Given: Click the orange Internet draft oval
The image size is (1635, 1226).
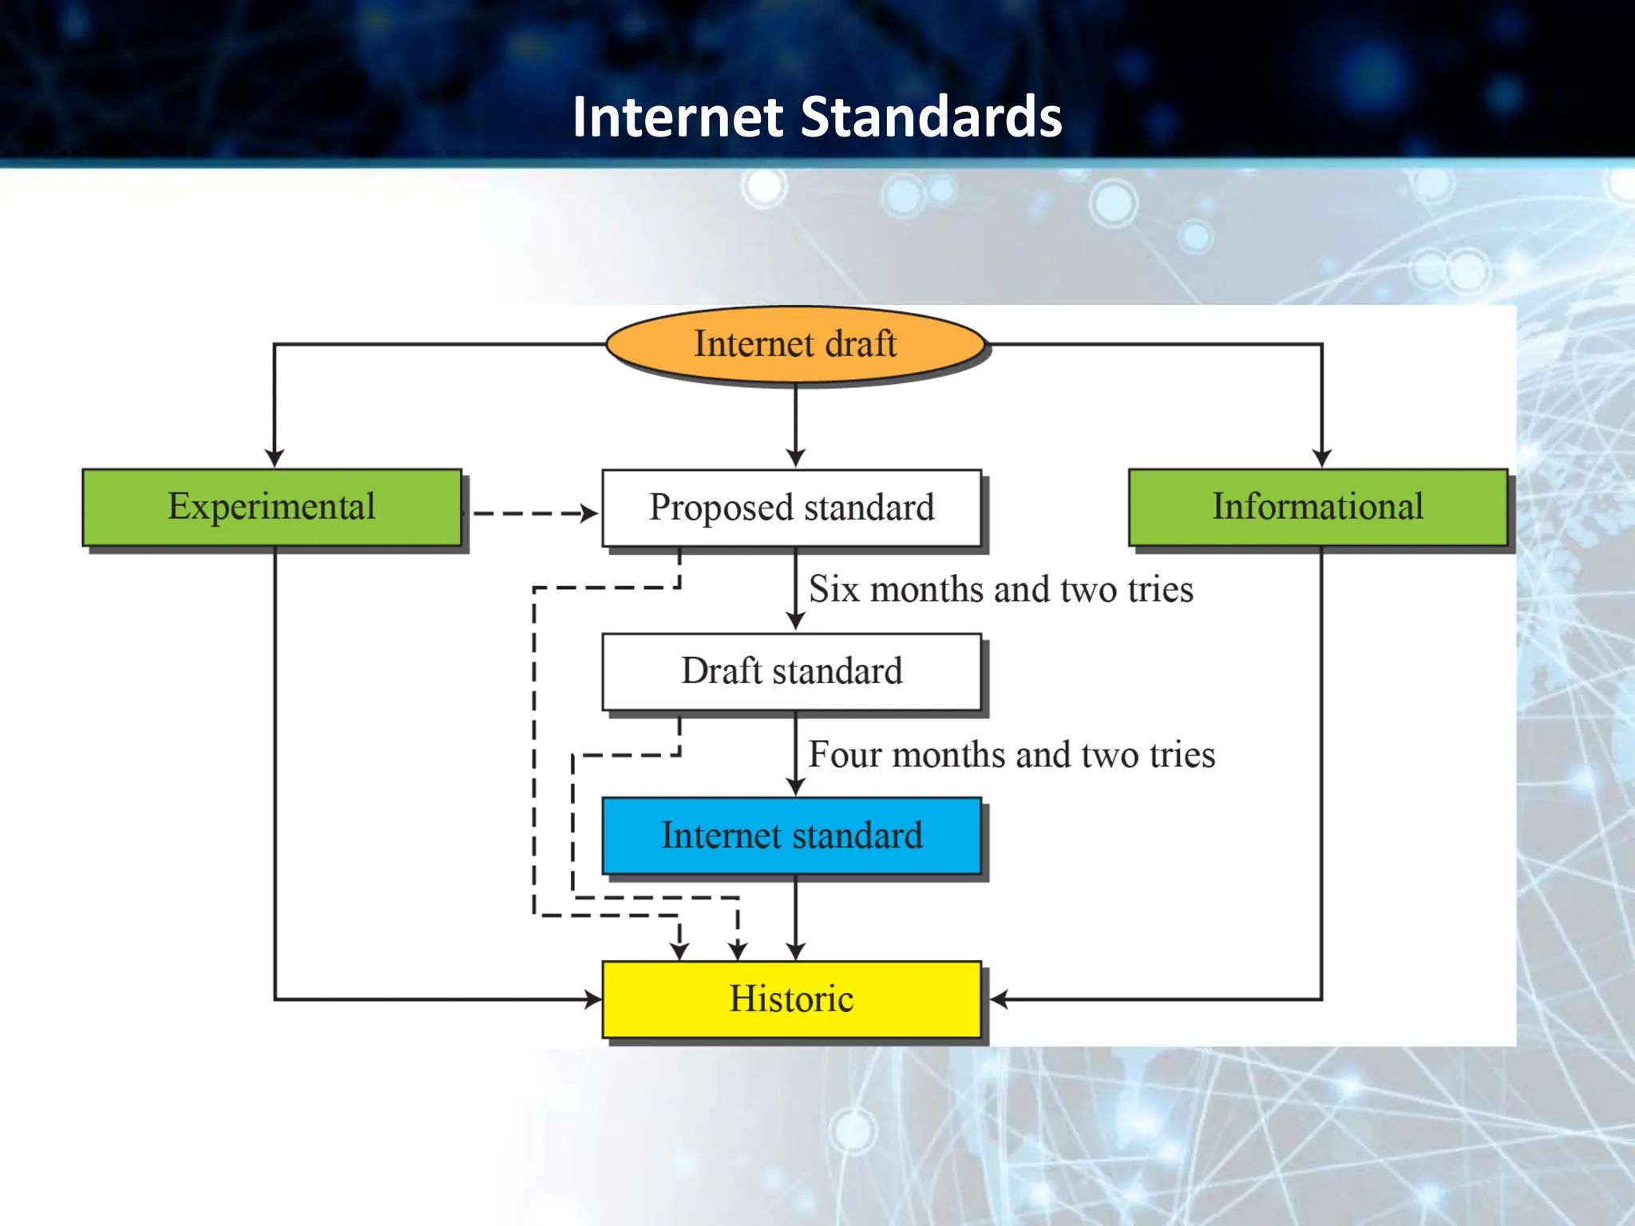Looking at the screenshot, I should click(x=795, y=344).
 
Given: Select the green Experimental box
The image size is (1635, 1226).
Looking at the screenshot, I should click(x=272, y=507).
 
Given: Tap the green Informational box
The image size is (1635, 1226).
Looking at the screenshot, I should click(x=1318, y=507).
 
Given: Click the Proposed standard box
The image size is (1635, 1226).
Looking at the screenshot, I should click(x=791, y=508).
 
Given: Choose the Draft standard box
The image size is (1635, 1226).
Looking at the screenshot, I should click(x=791, y=671).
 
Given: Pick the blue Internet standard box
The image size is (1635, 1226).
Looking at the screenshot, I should click(x=791, y=836).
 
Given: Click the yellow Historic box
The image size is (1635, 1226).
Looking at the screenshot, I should click(x=791, y=999).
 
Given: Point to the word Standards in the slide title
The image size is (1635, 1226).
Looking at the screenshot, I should click(x=931, y=117).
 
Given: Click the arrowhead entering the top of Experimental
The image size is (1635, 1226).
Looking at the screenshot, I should click(x=275, y=458).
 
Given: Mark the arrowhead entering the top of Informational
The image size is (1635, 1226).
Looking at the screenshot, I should click(x=1322, y=458).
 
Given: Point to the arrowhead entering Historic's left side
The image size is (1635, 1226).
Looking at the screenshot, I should click(x=593, y=999).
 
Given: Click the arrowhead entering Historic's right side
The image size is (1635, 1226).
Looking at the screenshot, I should click(x=1000, y=999).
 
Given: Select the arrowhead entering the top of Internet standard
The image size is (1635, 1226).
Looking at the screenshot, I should click(x=795, y=786).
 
